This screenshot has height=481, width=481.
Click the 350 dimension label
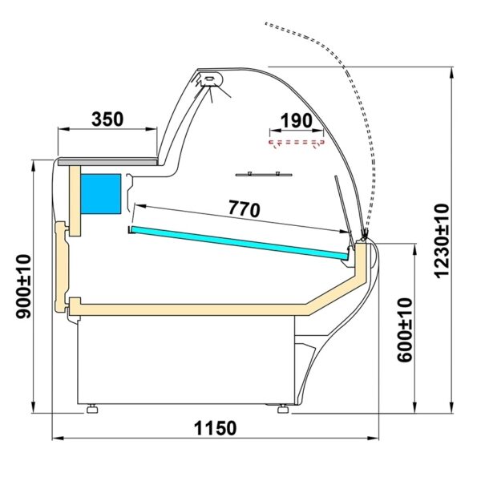(107, 119)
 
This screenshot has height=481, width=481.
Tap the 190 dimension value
(297, 121)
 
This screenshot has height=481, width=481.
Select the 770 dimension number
(245, 209)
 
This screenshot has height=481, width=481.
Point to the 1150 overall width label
(216, 428)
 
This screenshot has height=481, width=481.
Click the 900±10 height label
(24, 286)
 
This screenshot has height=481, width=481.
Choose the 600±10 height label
(405, 329)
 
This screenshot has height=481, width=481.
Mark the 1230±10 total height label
(442, 240)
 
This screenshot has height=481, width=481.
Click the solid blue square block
(101, 194)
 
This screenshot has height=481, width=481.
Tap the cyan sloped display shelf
(239, 242)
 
